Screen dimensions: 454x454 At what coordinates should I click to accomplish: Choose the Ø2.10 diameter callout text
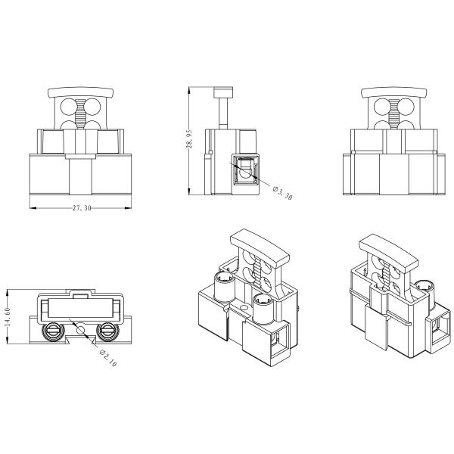[x=108, y=356]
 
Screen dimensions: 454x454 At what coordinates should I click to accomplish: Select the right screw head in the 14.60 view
[x=106, y=330]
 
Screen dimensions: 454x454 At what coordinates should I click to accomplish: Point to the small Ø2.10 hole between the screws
[x=80, y=330]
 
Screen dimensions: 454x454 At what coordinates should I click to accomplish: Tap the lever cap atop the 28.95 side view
[x=223, y=93]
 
